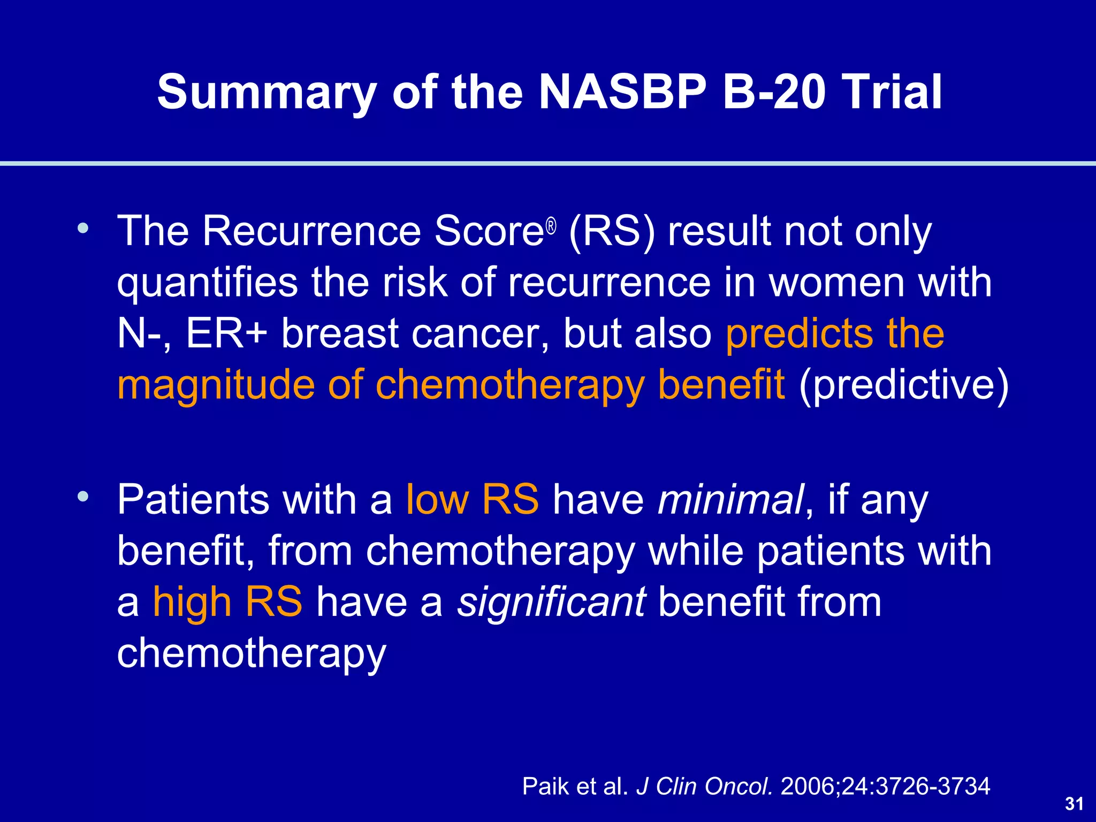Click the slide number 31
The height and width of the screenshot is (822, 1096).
click(1074, 804)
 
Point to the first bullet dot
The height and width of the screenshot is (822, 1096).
click(82, 229)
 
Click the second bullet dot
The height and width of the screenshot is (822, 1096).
click(82, 497)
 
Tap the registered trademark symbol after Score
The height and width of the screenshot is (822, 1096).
click(551, 227)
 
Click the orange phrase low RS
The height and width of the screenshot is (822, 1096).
click(472, 499)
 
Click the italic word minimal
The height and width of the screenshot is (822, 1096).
click(730, 499)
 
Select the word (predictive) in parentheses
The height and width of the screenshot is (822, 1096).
click(903, 385)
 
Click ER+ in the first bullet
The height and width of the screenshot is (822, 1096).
click(226, 334)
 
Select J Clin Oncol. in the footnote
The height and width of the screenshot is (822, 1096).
click(704, 786)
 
